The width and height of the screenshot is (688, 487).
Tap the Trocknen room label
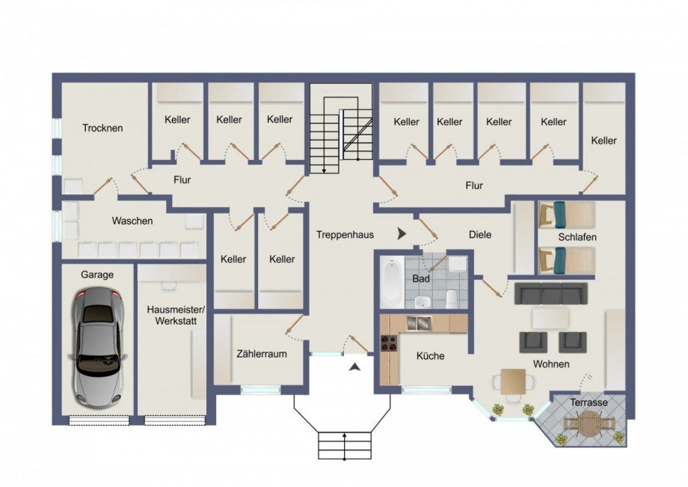pyautogui.click(x=103, y=128)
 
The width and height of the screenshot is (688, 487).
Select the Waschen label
pyautogui.click(x=132, y=221)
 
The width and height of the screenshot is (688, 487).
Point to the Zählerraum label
pyautogui.click(x=261, y=354)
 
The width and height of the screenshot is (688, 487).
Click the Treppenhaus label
pyautogui.click(x=344, y=234)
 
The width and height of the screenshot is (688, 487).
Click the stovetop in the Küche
pyautogui.click(x=390, y=343)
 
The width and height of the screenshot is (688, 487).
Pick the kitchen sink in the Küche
pyautogui.click(x=420, y=323)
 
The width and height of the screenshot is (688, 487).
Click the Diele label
pyautogui.click(x=480, y=234)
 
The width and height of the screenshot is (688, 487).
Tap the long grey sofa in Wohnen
pyautogui.click(x=551, y=292)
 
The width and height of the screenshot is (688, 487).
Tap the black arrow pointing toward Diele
pyautogui.click(x=402, y=234)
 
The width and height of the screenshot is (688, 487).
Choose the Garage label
pyautogui.click(x=97, y=275)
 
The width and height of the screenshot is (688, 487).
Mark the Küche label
pyautogui.click(x=430, y=356)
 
